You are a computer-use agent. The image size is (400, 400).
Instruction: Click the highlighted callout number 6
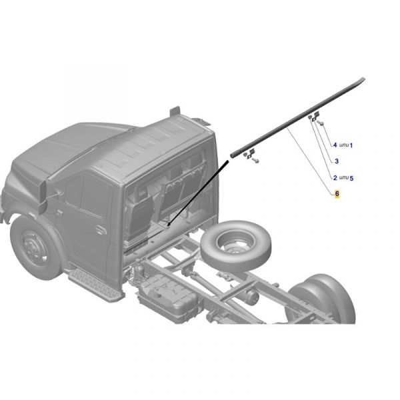tap(337, 193)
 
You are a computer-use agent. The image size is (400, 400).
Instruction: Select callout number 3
tap(337, 161)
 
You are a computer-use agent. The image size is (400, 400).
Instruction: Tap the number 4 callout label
tap(335, 145)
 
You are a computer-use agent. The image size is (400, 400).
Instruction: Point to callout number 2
tap(335, 177)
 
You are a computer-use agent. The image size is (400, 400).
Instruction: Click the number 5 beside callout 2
tap(351, 178)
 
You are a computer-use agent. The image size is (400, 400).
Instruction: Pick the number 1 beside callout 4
tap(351, 145)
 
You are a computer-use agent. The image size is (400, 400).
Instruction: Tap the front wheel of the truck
tap(36, 247)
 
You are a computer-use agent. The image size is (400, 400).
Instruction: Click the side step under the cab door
tap(95, 285)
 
